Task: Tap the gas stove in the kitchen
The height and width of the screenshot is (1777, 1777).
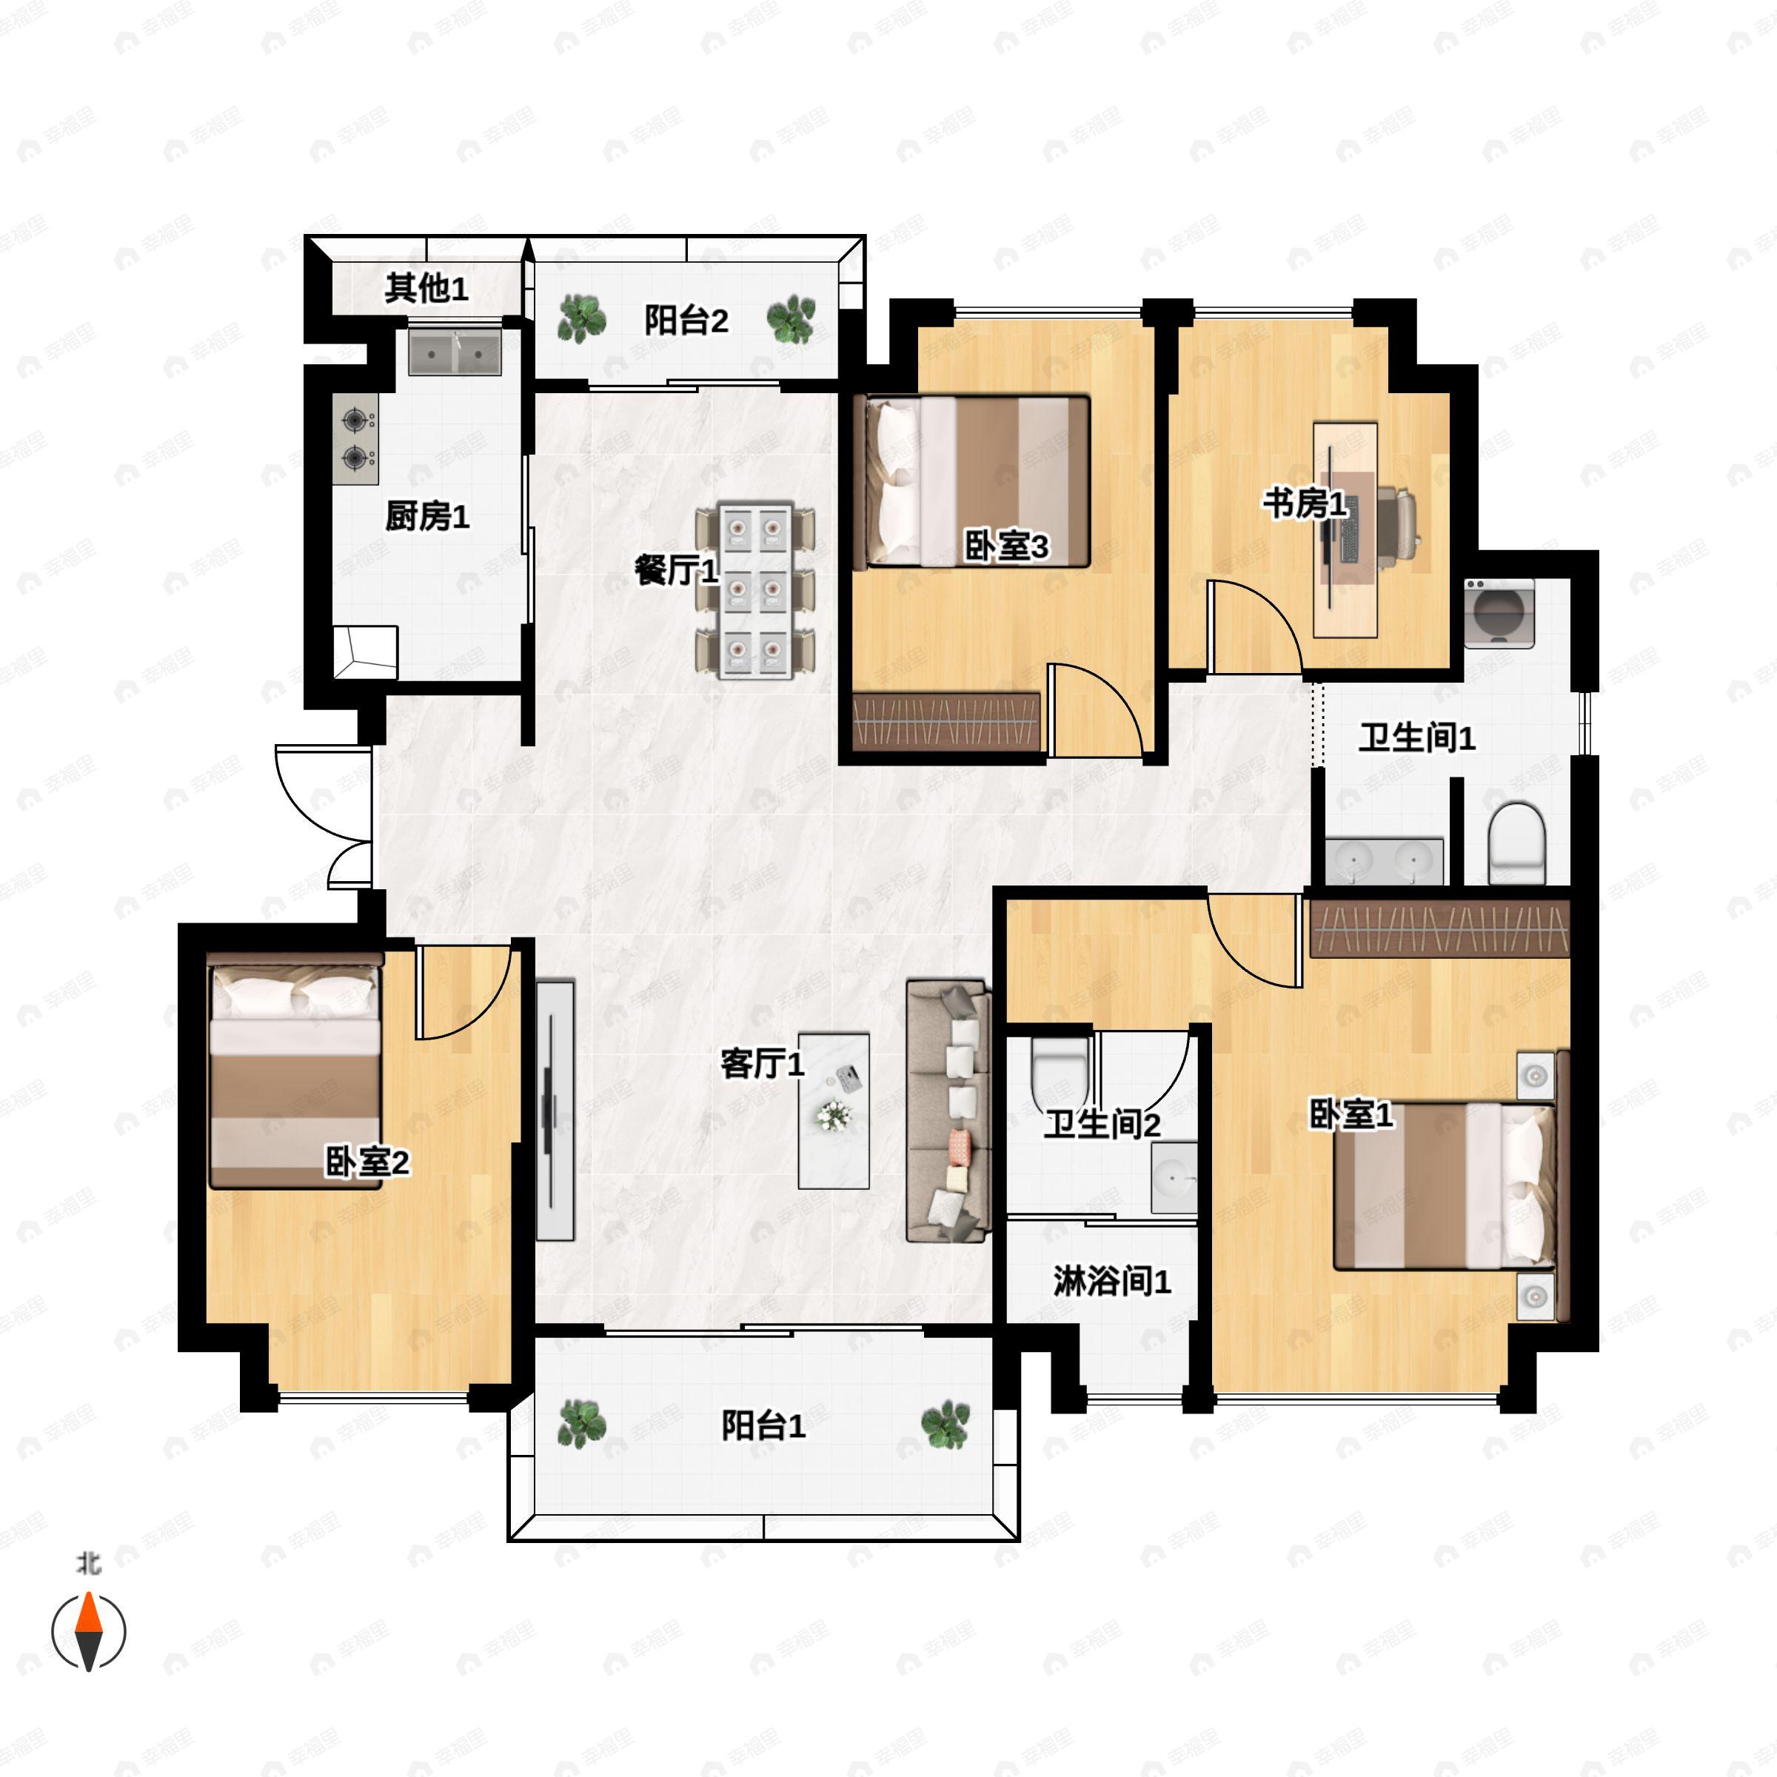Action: click(356, 439)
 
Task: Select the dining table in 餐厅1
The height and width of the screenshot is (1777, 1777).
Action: click(755, 589)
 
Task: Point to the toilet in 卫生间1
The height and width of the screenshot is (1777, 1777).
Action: click(1516, 842)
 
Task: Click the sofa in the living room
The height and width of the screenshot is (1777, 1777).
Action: click(948, 1111)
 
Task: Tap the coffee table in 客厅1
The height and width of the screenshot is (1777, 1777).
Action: click(833, 1110)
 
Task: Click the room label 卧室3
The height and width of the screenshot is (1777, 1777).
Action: click(1005, 546)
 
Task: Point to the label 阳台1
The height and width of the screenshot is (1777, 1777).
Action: click(763, 1425)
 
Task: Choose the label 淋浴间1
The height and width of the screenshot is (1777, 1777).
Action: click(1112, 1280)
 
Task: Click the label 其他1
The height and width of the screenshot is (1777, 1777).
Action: click(426, 288)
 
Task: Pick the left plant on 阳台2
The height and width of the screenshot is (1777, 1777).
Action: click(582, 318)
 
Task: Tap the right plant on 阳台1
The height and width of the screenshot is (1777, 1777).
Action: click(946, 1425)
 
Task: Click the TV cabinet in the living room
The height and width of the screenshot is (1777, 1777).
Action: click(555, 1110)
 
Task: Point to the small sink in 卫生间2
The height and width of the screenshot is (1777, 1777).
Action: click(1174, 1178)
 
